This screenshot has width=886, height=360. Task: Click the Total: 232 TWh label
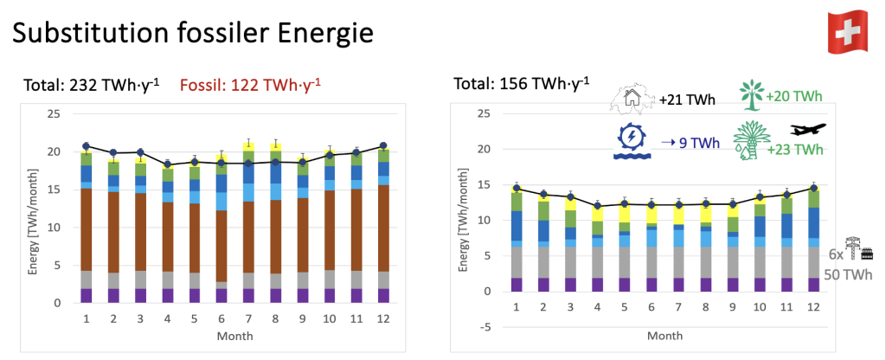pos(90,85)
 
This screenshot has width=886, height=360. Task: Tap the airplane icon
pos(808,129)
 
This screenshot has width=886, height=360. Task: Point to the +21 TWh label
pos(687,100)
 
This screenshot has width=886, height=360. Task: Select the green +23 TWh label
pos(795,150)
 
